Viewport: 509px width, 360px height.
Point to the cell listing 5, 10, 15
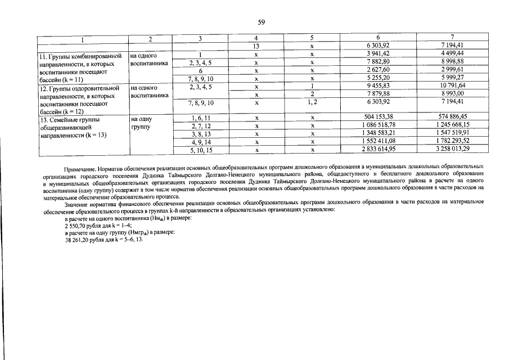coord(200,149)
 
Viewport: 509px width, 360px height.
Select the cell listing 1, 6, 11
coord(200,117)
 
